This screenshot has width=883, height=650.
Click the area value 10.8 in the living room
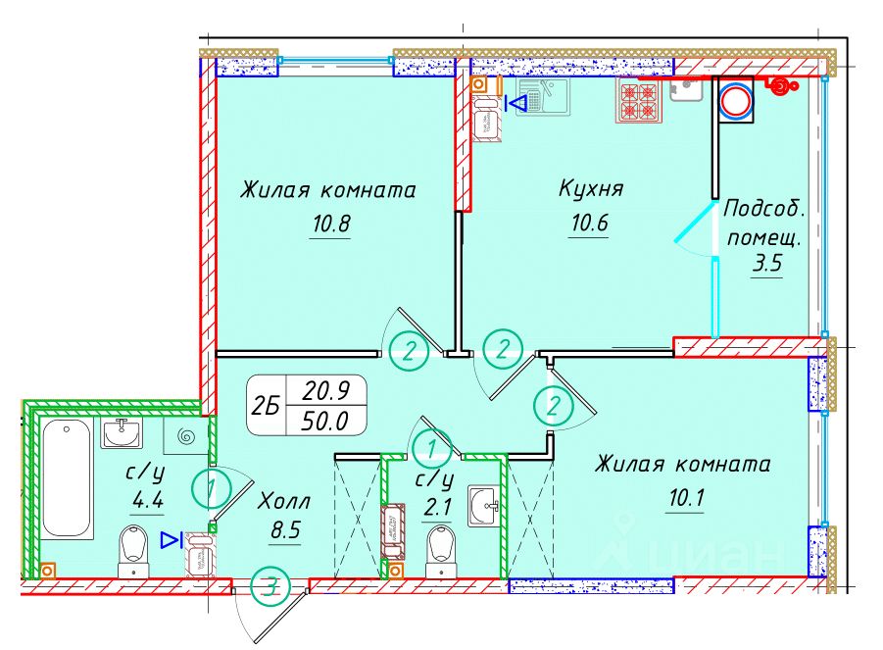pos(330,225)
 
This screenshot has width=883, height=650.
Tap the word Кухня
pos(591,188)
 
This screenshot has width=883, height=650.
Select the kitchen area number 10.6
pos(589,224)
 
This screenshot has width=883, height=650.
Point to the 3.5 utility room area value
pos(767,263)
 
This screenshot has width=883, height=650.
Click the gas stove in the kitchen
pos(640,100)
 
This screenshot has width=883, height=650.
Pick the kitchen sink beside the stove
pos(686,89)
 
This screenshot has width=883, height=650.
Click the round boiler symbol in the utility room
pos(736,101)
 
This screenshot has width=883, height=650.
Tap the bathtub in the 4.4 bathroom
pos(67,478)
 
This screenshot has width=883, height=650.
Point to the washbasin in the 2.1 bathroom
pos(484,507)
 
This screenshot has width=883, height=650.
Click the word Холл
pos(283,501)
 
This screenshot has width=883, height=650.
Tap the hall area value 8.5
pos(285,530)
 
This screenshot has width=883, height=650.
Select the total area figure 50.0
pos(325,421)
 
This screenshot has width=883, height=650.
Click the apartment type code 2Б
pos(266,405)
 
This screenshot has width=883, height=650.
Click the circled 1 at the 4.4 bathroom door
pos(212,488)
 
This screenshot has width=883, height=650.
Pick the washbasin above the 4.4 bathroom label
pos(122,432)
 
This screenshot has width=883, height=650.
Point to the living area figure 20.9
pos(326,390)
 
